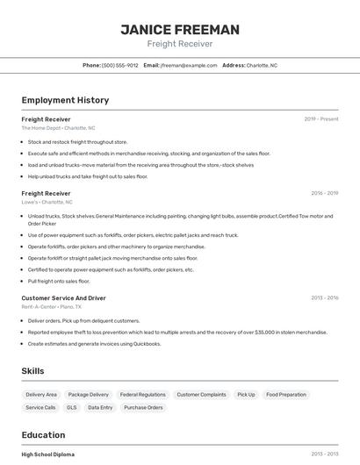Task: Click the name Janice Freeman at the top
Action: [179, 30]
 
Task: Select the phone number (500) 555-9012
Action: [120, 65]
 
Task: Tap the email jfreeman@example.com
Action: [189, 65]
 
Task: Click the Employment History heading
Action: [65, 100]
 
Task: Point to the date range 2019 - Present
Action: [321, 118]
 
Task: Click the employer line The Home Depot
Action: [58, 128]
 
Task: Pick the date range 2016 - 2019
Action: [324, 193]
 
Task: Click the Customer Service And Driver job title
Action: [63, 297]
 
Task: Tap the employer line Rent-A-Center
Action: [51, 307]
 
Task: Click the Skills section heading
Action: [32, 371]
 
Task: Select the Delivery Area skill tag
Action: [41, 395]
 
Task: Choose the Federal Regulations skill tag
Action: [142, 395]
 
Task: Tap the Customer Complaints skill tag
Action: [201, 395]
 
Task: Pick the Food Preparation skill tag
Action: [286, 395]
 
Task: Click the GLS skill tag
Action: [72, 407]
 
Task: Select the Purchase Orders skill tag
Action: [143, 407]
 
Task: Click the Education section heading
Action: [43, 435]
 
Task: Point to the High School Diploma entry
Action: [48, 454]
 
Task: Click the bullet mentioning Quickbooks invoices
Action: [95, 343]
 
